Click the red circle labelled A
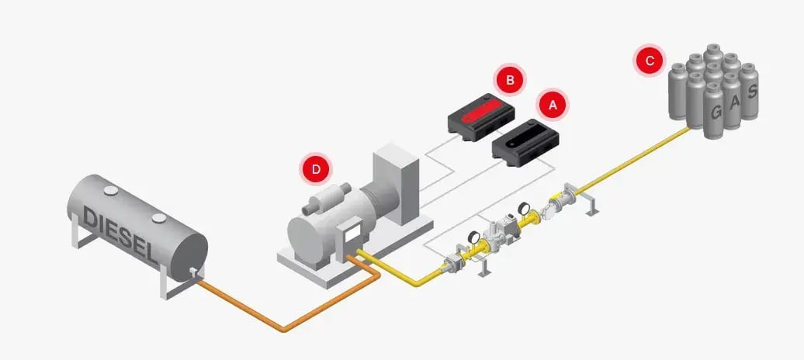point(553,104)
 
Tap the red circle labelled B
point(509,80)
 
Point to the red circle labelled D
point(316,168)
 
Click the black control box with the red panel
point(480,116)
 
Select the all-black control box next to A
point(525,141)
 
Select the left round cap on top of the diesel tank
point(110,189)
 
